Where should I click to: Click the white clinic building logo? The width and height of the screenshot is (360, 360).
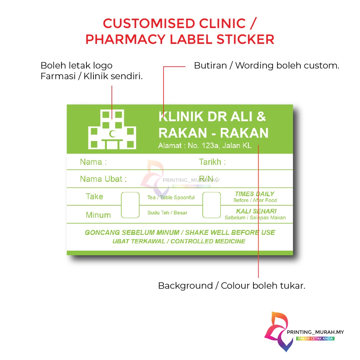point(112,129)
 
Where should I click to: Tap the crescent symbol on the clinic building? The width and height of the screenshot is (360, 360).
point(112,134)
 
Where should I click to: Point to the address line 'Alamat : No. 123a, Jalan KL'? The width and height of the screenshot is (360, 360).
point(205,146)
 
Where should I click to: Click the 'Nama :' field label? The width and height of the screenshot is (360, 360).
point(93,162)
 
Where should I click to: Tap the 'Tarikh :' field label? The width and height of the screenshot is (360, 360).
point(212,162)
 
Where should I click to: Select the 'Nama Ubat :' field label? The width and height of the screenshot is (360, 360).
point(103,179)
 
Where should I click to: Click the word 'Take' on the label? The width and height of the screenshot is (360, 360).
point(94,197)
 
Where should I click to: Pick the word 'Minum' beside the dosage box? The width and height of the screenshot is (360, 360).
point(98,215)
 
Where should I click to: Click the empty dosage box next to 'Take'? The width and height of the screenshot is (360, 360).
point(130,205)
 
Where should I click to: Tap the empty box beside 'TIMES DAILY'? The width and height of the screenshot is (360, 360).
point(212,205)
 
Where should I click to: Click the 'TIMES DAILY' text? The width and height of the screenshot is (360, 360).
point(255,194)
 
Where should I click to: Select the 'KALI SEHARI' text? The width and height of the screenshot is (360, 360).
point(256,211)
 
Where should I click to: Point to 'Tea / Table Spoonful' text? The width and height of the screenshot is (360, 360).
point(171,198)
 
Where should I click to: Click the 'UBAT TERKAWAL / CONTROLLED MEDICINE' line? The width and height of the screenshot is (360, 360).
point(179,241)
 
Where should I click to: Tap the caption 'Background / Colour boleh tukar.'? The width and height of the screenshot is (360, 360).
point(231,285)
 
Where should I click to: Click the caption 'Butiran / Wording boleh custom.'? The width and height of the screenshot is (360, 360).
point(266,65)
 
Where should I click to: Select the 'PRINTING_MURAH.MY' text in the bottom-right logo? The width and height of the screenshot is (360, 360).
point(316,332)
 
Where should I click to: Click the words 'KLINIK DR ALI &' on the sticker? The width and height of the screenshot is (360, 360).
point(212,116)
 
